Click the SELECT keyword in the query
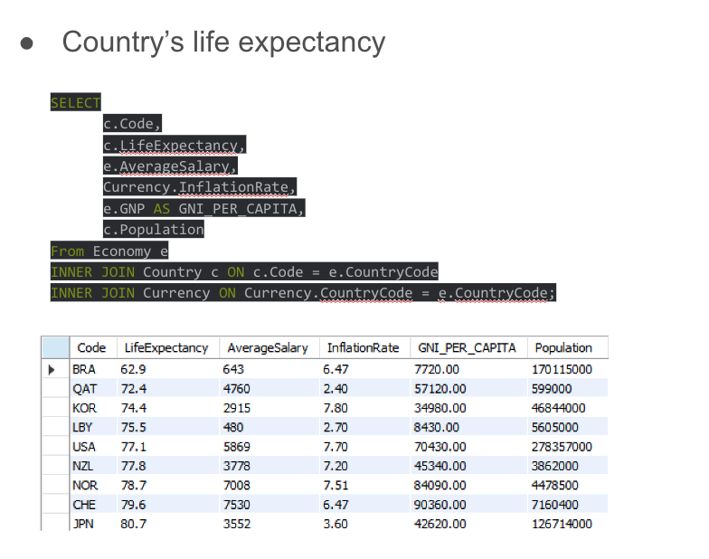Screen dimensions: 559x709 click(76, 103)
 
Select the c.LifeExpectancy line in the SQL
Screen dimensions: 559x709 click(174, 146)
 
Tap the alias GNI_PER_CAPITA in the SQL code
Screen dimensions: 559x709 click(234, 209)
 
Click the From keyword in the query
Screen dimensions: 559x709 click(67, 251)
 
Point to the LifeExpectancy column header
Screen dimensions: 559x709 click(165, 348)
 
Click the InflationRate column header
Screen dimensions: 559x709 click(363, 348)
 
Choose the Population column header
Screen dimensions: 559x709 click(563, 348)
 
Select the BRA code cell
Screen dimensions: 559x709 click(84, 369)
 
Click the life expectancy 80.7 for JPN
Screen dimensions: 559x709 click(134, 524)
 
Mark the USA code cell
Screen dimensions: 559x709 click(84, 447)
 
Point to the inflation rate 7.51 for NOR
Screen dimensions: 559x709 click(336, 486)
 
